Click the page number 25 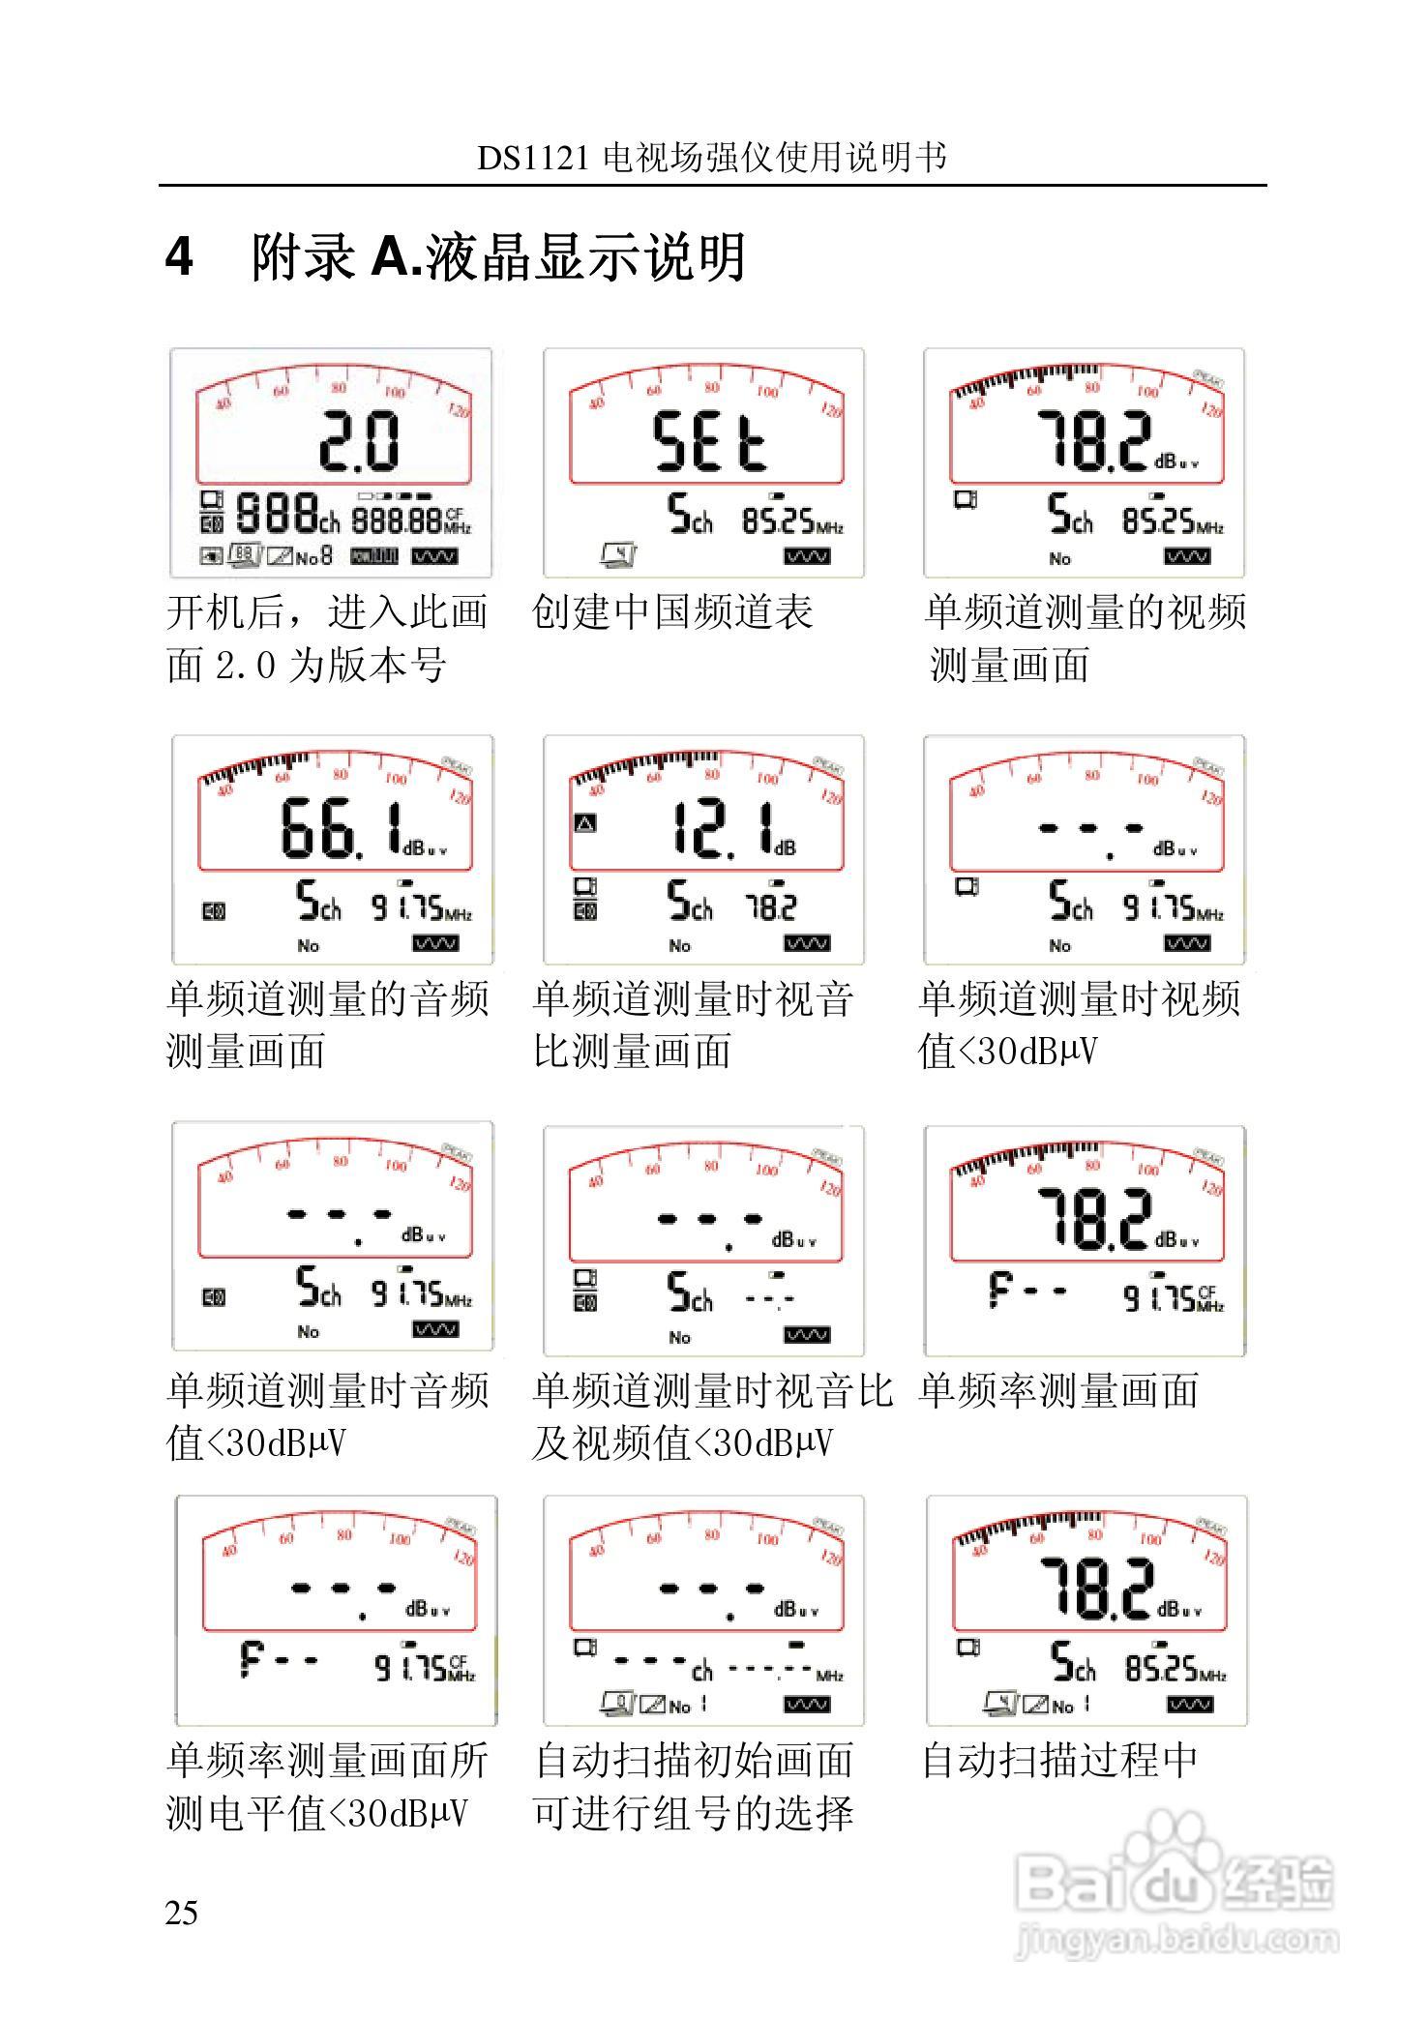tap(182, 1913)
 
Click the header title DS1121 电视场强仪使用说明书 tap(712, 158)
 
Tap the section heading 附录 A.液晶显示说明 tap(498, 257)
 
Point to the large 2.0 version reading tap(359, 442)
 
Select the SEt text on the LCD tap(710, 442)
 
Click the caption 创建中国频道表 tap(673, 612)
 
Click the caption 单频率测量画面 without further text tap(1059, 1391)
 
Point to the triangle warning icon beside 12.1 tap(585, 824)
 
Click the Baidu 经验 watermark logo tap(1175, 1882)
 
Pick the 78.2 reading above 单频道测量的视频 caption tap(1094, 442)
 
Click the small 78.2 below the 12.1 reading tap(770, 907)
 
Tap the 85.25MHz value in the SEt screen tap(792, 522)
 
